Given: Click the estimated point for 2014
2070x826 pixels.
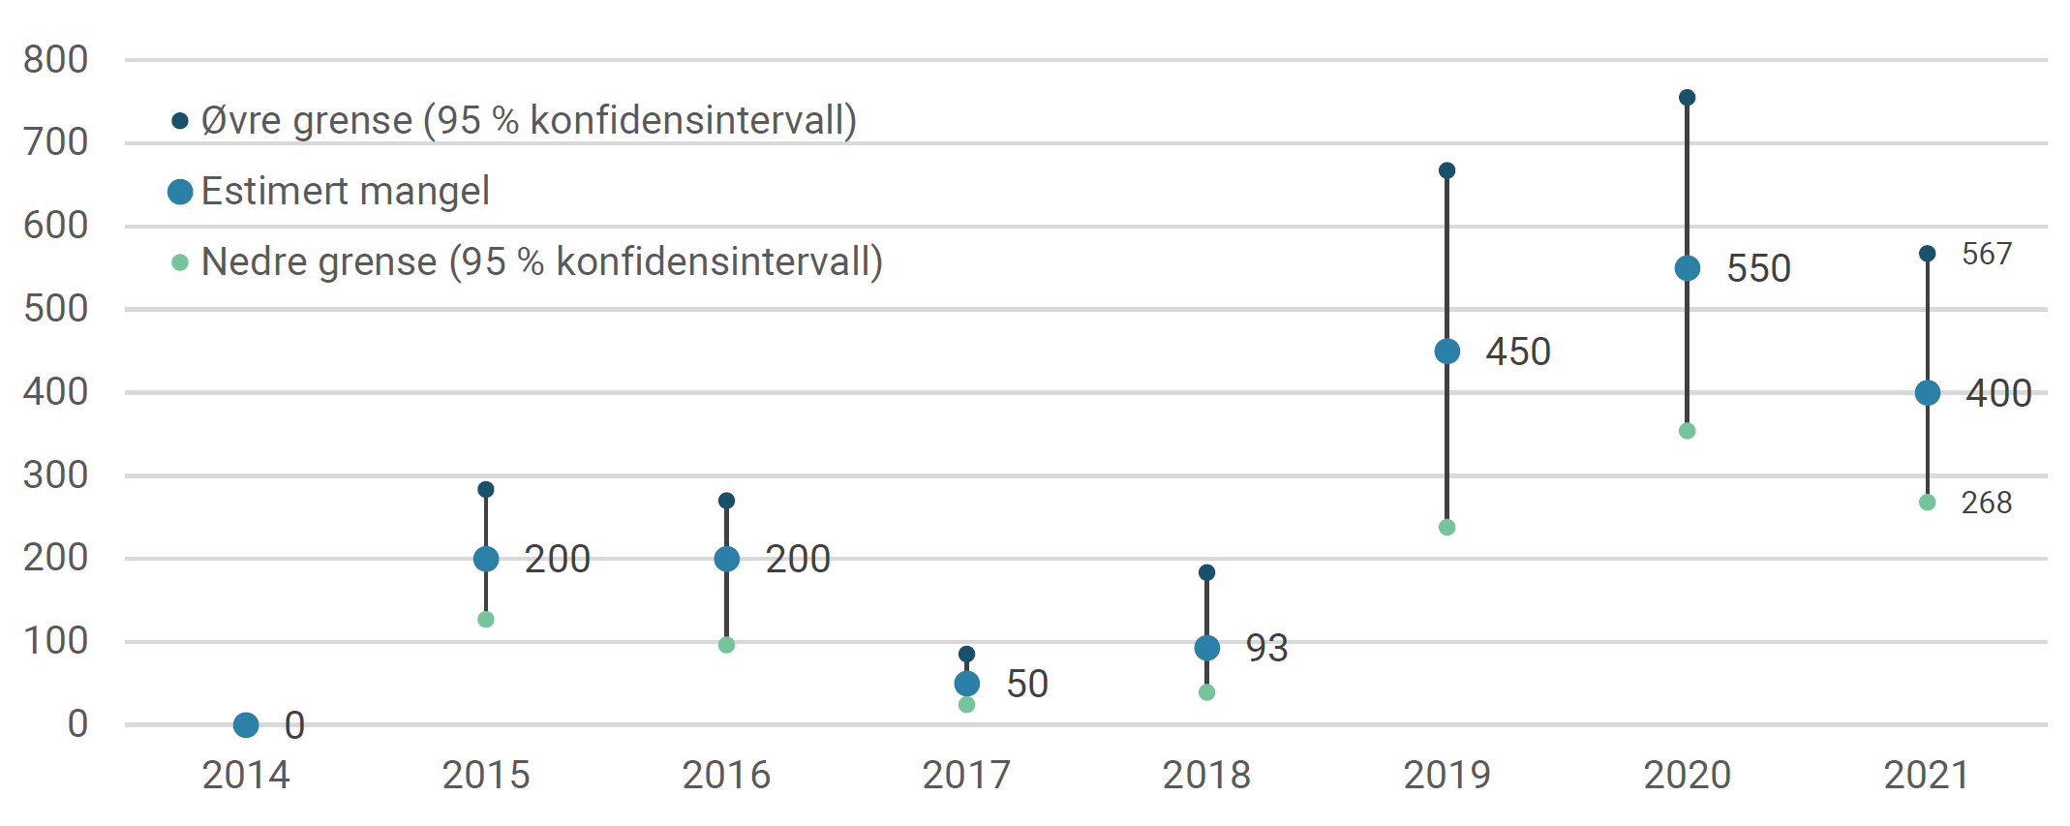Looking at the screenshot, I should coord(246,724).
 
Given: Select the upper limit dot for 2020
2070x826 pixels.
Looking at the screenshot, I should coord(1687,98).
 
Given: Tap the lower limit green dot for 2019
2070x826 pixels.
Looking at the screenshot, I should coord(1446,528).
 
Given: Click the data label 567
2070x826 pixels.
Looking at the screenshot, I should coord(1986,255).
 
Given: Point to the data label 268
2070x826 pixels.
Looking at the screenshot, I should coord(1986,503).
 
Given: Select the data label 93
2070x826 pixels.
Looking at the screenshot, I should coord(1265,648).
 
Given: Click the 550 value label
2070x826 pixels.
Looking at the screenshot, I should coord(1757,268).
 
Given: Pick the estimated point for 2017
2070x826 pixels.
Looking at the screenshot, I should coord(966,684).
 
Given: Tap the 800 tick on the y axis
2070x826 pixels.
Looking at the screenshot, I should coord(56,60).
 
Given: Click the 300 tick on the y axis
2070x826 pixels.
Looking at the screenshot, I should coord(56,475).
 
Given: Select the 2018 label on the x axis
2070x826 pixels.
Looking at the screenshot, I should coord(1206,775).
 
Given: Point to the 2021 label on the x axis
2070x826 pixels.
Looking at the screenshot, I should coord(1927,775).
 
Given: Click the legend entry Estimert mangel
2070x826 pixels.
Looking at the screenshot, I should coord(345,191).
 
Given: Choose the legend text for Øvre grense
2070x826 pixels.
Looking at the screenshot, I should coord(528,121).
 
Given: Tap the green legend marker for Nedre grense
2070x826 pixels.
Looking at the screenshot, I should coord(180,262).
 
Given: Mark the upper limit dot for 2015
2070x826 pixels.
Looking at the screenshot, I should coord(486,490).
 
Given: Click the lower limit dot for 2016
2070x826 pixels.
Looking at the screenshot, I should coord(726,645).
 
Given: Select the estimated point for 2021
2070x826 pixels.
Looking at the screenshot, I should coord(1927,393).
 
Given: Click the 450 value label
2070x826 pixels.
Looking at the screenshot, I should coord(1517,352).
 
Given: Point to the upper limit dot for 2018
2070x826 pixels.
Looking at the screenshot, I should coord(1206,573).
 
